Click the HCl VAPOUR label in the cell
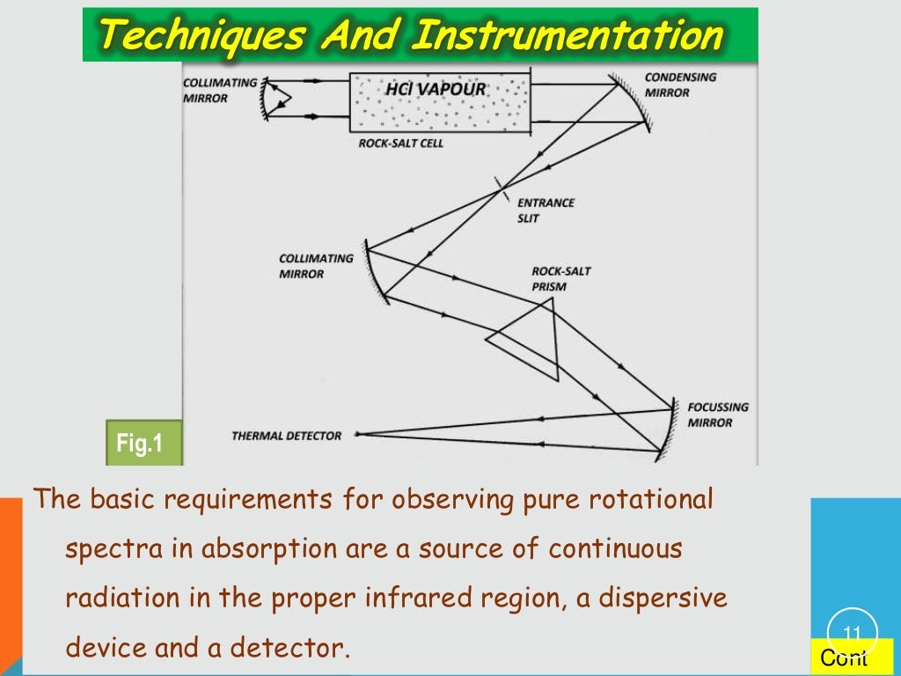click(x=436, y=90)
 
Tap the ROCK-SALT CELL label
click(x=401, y=143)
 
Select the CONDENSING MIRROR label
click(x=680, y=84)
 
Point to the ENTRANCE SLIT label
click(x=546, y=210)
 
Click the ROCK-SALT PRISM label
click(x=561, y=279)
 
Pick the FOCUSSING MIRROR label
click(x=718, y=415)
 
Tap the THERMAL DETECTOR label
click(x=286, y=436)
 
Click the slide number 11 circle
click(x=852, y=632)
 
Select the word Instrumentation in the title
click(x=568, y=36)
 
